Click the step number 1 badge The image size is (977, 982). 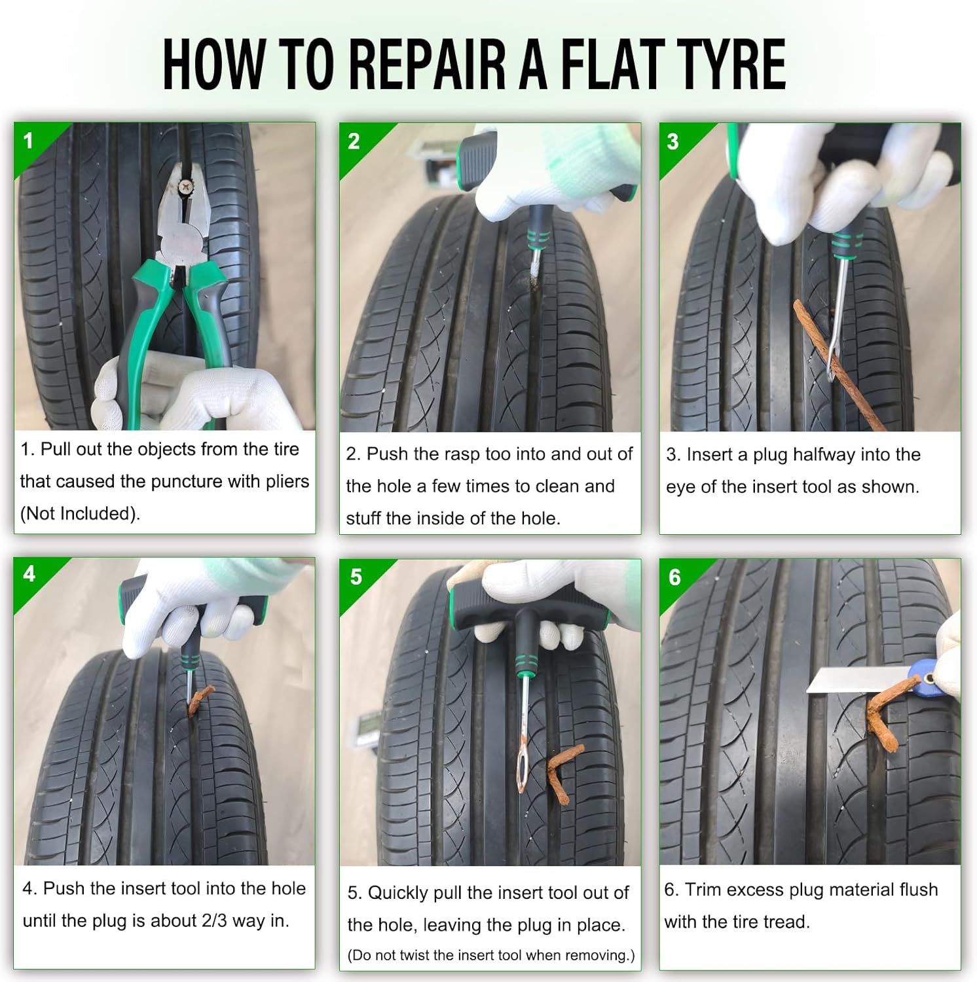click(28, 141)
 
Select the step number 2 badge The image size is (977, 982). click(354, 141)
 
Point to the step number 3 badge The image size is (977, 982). click(673, 141)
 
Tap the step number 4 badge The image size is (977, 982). click(29, 574)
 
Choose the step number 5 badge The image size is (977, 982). click(356, 577)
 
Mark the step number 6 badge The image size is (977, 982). click(674, 577)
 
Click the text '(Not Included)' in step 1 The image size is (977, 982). click(80, 514)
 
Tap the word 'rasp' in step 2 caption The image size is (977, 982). click(462, 454)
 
